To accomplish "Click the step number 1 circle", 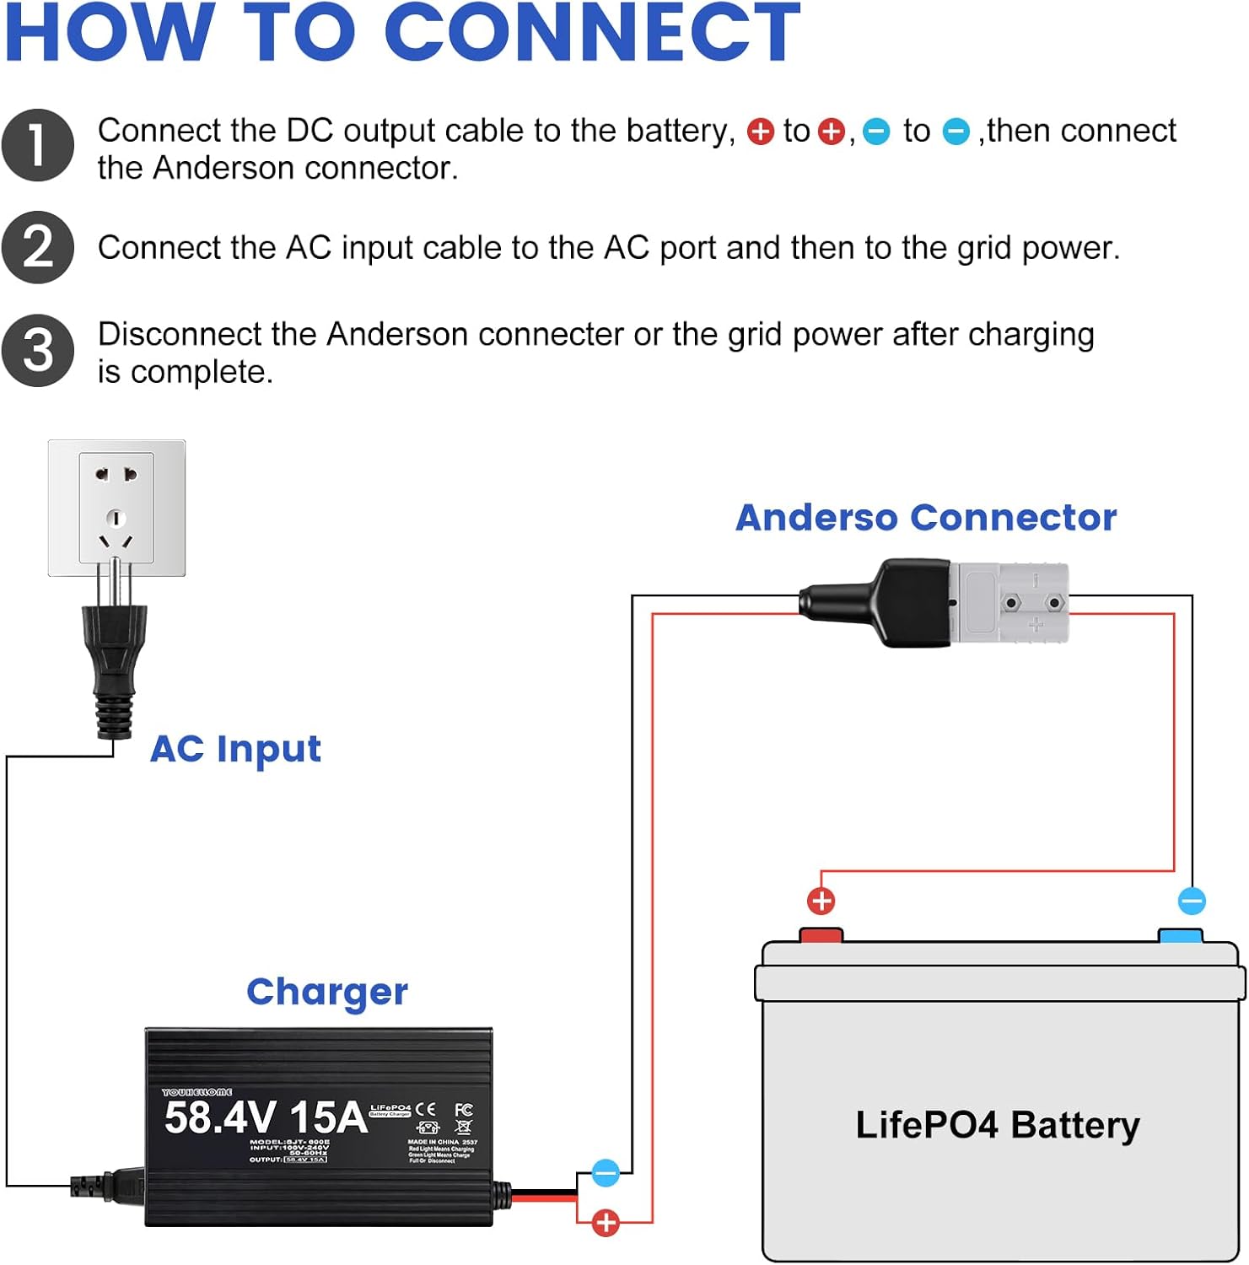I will tap(38, 145).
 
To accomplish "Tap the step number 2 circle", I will tap(38, 247).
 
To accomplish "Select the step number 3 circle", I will tap(38, 351).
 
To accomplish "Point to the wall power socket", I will tap(116, 508).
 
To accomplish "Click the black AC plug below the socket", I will tap(114, 666).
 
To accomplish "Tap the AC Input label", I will tap(235, 749).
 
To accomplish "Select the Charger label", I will tap(327, 992).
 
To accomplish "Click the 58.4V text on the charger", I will tap(220, 1117).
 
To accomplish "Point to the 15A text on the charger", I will tap(328, 1117).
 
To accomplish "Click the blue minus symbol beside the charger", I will tap(606, 1172).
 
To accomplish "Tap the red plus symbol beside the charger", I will tap(606, 1222).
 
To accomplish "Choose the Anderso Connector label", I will tap(926, 518).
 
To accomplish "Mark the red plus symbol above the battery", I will tap(821, 901).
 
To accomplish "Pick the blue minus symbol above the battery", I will tap(1192, 901).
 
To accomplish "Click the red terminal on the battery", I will tap(821, 935).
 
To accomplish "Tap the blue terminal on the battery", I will tap(1180, 935).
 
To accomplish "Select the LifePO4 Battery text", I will tap(998, 1125).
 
